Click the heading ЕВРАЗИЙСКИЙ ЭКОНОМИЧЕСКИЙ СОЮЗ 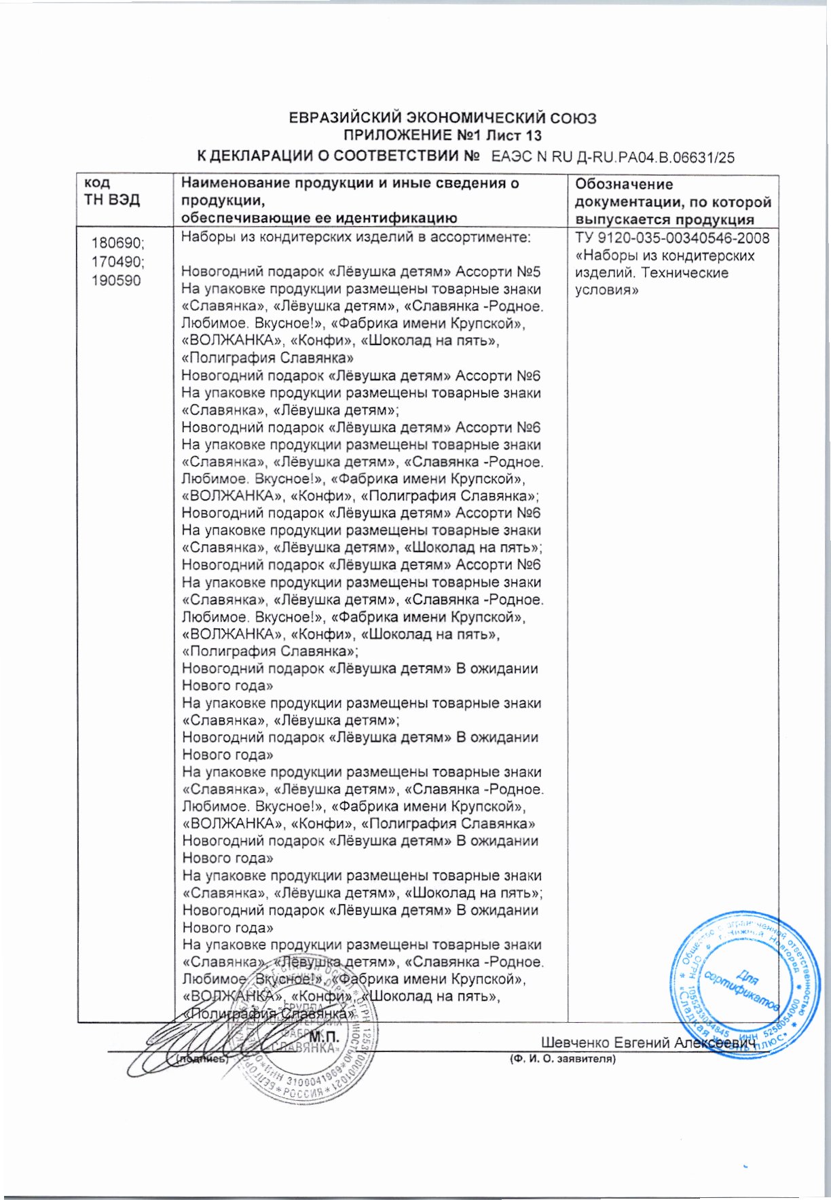[x=443, y=118]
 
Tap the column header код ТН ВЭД [x=112, y=192]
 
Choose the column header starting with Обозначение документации [x=673, y=202]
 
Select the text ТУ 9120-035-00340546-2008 [x=672, y=238]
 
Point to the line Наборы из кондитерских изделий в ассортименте [x=356, y=238]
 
